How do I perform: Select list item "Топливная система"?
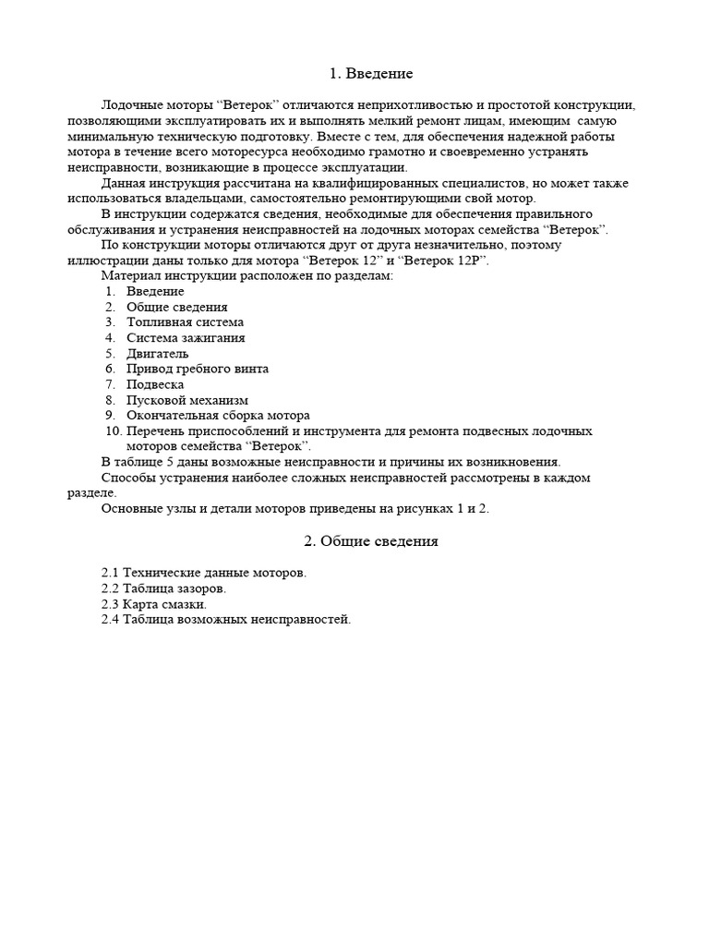[185, 322]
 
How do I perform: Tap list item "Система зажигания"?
[186, 338]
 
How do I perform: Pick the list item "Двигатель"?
[158, 354]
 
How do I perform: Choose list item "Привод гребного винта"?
[198, 369]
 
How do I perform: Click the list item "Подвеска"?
[155, 384]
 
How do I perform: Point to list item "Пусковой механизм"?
[187, 400]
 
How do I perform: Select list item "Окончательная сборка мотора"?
[218, 416]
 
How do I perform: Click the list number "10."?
[114, 431]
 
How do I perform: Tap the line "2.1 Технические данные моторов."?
[203, 573]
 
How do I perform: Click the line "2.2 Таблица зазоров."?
[162, 588]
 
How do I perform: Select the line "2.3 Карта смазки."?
[153, 604]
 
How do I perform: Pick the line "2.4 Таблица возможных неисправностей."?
[226, 620]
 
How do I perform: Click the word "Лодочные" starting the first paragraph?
[131, 104]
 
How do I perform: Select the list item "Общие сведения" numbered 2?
[177, 307]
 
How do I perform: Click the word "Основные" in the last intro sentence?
[130, 509]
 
